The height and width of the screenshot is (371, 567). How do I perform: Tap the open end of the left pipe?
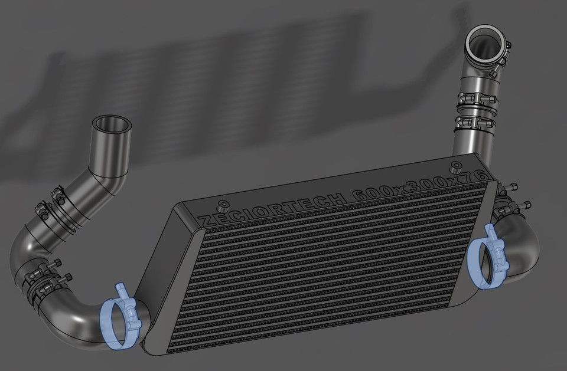112,124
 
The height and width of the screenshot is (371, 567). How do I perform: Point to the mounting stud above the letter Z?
223,207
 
